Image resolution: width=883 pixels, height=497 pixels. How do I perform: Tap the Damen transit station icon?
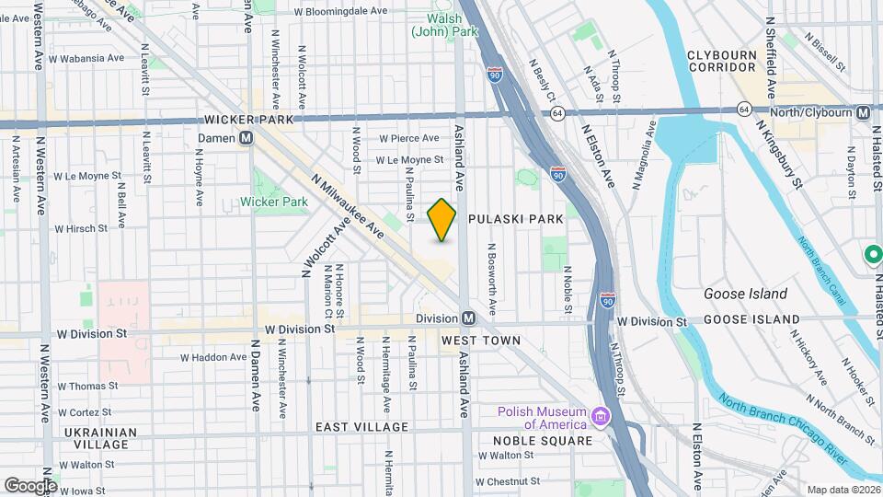[246, 138]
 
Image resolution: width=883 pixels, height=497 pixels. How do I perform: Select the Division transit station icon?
[468, 318]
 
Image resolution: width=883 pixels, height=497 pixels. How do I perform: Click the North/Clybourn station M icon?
[863, 112]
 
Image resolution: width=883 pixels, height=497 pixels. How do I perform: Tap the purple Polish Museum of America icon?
[602, 417]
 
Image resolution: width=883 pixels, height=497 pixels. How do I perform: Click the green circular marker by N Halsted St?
[870, 254]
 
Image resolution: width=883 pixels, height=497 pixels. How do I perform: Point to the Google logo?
[29, 485]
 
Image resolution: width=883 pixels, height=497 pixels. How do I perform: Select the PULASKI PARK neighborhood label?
[515, 220]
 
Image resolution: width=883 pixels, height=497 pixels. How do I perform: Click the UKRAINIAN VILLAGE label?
[100, 438]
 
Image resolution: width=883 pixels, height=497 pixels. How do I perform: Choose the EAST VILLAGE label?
[361, 427]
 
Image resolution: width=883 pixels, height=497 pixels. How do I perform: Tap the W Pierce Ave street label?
[409, 138]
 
